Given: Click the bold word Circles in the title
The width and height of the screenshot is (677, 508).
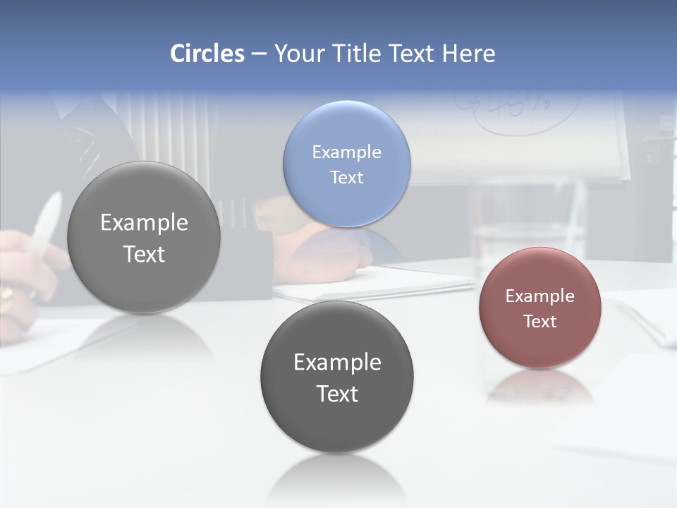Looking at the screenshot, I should [x=207, y=54].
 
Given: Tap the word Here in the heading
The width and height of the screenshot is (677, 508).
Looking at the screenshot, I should [x=468, y=54].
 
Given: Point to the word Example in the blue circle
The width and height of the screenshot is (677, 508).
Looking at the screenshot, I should [x=346, y=152].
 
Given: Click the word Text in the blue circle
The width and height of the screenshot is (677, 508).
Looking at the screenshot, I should [x=346, y=177].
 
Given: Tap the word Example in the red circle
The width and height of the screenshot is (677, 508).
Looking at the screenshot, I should [x=539, y=296].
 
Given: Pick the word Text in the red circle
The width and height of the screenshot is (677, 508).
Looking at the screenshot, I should [x=539, y=321].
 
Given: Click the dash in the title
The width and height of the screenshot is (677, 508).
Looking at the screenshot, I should [x=259, y=54].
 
